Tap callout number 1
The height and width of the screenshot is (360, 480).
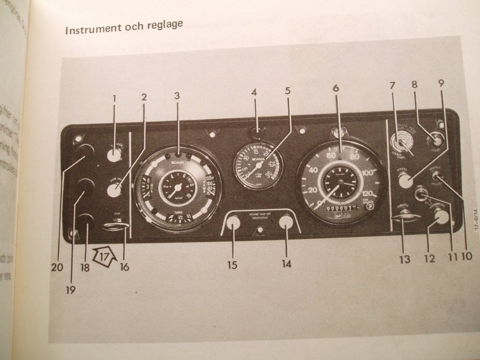[x=114, y=98]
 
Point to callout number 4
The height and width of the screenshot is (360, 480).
[x=254, y=92]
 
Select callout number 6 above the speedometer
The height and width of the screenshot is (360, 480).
[x=335, y=88]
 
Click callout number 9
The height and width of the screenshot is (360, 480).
[x=441, y=83]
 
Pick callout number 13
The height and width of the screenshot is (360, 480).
[x=405, y=259]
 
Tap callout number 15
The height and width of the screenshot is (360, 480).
[x=233, y=264]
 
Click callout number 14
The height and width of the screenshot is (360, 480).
[x=286, y=263]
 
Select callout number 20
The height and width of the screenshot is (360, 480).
[x=57, y=268]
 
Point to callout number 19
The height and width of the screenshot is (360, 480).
[x=70, y=290]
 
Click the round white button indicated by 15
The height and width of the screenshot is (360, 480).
[x=233, y=223]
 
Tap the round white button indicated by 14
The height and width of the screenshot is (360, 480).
[x=286, y=222]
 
